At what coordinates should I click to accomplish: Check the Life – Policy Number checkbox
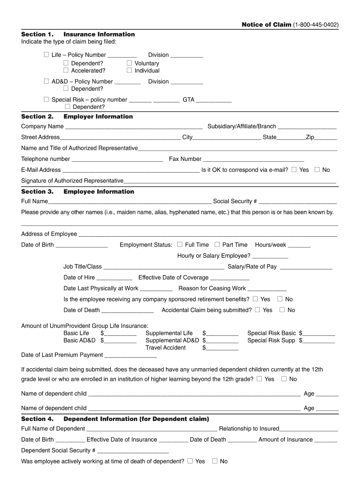click(46, 55)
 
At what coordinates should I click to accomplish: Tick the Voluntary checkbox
click(130, 63)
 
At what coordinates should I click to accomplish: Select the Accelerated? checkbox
click(66, 71)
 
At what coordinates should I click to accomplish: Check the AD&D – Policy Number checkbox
click(46, 81)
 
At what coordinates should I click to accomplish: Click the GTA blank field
click(214, 100)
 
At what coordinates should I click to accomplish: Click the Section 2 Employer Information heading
click(77, 116)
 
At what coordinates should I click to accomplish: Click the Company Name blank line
click(134, 127)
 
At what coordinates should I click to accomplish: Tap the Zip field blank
click(326, 138)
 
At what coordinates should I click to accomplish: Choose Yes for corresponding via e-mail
click(294, 170)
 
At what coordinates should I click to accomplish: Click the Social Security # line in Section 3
click(298, 202)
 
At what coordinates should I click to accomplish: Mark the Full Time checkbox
click(180, 245)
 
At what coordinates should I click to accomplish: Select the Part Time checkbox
click(217, 245)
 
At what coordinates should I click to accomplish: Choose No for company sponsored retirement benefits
click(280, 299)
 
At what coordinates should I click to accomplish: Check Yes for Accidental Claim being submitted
click(258, 310)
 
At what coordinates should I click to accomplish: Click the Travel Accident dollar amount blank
click(223, 348)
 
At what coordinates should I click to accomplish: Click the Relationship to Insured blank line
click(309, 429)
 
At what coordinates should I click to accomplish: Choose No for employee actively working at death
click(215, 461)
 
